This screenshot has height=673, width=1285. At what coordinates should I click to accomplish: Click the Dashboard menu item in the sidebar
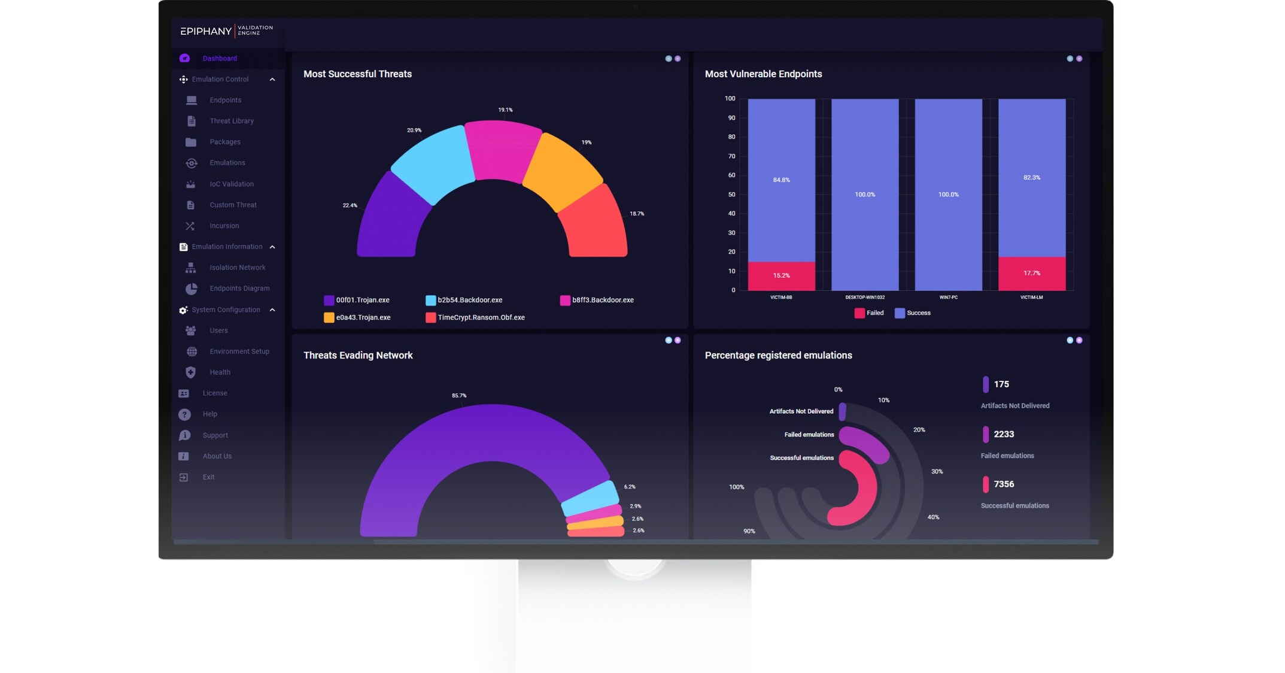(219, 59)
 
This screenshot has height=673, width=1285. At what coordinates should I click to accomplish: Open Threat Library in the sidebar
(231, 121)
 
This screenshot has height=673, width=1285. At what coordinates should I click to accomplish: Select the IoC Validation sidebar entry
(231, 184)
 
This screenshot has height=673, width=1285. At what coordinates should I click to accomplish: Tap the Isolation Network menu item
(237, 268)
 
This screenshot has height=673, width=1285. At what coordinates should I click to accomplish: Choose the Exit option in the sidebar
(208, 477)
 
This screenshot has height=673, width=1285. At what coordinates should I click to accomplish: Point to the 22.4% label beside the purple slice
(350, 205)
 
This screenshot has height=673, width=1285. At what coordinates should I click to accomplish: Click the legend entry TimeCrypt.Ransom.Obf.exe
(481, 318)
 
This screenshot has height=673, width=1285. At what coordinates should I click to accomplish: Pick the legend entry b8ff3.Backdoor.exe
(602, 300)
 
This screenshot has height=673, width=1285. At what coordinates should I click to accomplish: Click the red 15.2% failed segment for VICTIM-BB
(781, 276)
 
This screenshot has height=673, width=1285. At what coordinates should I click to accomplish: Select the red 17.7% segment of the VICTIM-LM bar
(1031, 274)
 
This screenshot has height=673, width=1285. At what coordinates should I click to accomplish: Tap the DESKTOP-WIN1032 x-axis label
(864, 298)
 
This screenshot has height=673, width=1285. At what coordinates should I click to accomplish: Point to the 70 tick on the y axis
(731, 156)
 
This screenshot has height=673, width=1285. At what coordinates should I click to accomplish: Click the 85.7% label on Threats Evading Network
(459, 396)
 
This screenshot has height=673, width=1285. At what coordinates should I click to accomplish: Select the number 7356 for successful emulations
(1004, 484)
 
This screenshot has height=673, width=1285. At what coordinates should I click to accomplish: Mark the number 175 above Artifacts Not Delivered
(1001, 384)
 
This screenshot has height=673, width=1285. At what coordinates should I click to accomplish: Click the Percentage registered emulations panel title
(778, 356)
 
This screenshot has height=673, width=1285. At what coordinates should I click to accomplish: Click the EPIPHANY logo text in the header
(206, 31)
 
